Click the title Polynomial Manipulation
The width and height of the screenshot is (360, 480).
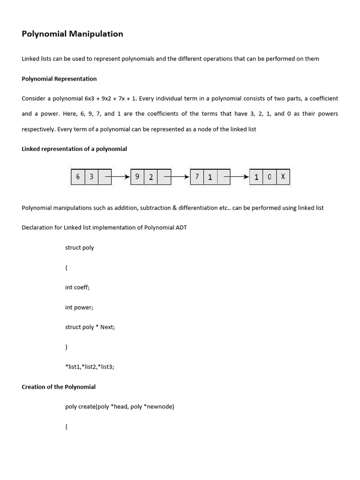73,34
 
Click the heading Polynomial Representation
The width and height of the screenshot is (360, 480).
59,79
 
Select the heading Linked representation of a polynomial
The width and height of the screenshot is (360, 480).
74,149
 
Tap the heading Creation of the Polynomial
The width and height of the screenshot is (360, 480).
59,387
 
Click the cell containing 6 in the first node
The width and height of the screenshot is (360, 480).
78,177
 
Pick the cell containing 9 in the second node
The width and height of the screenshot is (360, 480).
137,177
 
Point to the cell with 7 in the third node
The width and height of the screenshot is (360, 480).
197,177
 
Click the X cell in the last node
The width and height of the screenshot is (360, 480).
283,177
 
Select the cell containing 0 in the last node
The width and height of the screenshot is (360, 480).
270,177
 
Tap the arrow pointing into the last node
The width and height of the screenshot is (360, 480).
237,177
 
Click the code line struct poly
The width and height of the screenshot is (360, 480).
79,247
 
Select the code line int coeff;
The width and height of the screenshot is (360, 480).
77,287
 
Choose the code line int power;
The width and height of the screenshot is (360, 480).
79,307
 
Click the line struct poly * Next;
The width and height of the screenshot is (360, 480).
90,327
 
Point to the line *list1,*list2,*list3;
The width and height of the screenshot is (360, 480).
90,367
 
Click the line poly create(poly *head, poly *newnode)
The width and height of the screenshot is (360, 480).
120,406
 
